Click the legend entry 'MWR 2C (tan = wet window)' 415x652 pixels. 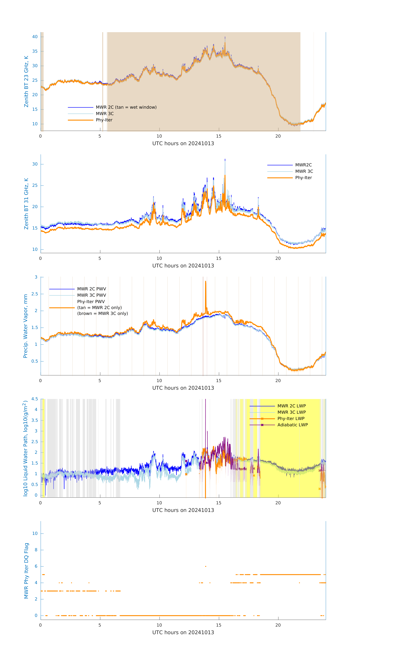point(126,107)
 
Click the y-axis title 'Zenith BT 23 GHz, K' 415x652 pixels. point(26,81)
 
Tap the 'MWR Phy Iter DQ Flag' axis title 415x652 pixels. point(26,571)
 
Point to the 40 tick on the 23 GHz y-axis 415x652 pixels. point(35,37)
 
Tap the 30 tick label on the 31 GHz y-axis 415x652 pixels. point(35,164)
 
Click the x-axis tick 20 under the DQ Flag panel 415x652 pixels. point(278,625)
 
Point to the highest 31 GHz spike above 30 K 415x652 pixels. point(225,160)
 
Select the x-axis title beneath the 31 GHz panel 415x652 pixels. point(183,266)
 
